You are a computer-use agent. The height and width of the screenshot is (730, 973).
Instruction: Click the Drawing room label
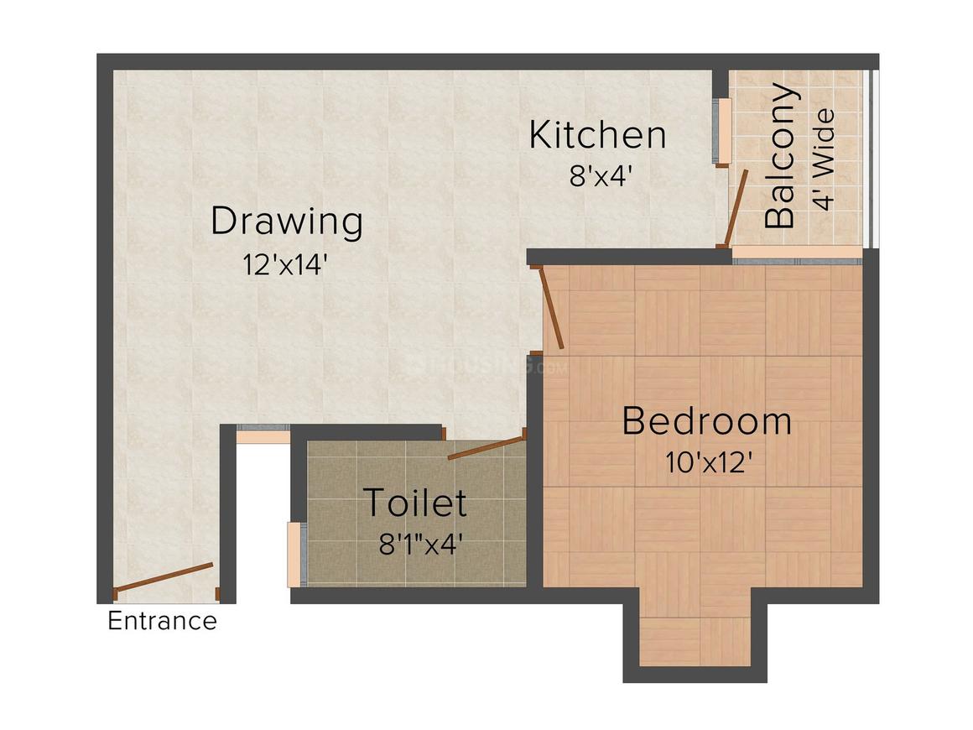[286, 222]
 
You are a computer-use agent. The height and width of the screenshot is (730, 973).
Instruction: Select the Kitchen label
[597, 135]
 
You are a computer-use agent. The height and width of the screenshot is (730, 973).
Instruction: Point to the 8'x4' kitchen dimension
[597, 176]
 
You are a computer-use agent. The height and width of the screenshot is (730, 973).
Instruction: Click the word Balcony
[780, 156]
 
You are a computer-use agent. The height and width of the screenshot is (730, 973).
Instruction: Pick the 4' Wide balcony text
[825, 159]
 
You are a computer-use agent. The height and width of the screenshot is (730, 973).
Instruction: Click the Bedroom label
[706, 421]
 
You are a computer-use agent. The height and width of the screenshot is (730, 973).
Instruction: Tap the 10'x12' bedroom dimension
[706, 462]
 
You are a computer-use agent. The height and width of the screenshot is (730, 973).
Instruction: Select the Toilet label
[414, 504]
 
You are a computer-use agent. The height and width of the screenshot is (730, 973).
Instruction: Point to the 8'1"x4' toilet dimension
[421, 545]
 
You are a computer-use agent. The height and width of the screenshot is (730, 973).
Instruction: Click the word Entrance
[163, 622]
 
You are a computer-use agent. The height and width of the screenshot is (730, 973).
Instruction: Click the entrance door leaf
[164, 580]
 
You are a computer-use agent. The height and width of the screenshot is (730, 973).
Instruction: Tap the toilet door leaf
[486, 446]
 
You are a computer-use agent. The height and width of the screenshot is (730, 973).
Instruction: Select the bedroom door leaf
[553, 306]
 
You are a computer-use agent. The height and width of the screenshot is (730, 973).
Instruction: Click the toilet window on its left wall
[294, 554]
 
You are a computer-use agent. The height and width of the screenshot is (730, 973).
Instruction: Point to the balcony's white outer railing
[871, 159]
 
